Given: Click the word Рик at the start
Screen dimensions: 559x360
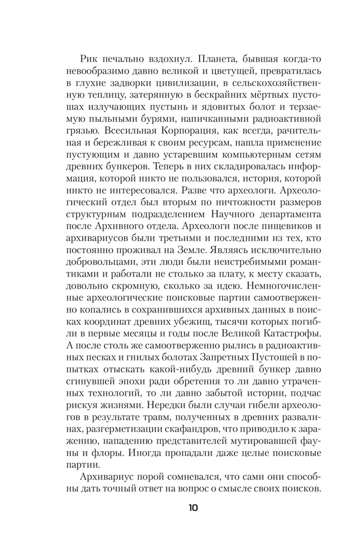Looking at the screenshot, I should point(89,60).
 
